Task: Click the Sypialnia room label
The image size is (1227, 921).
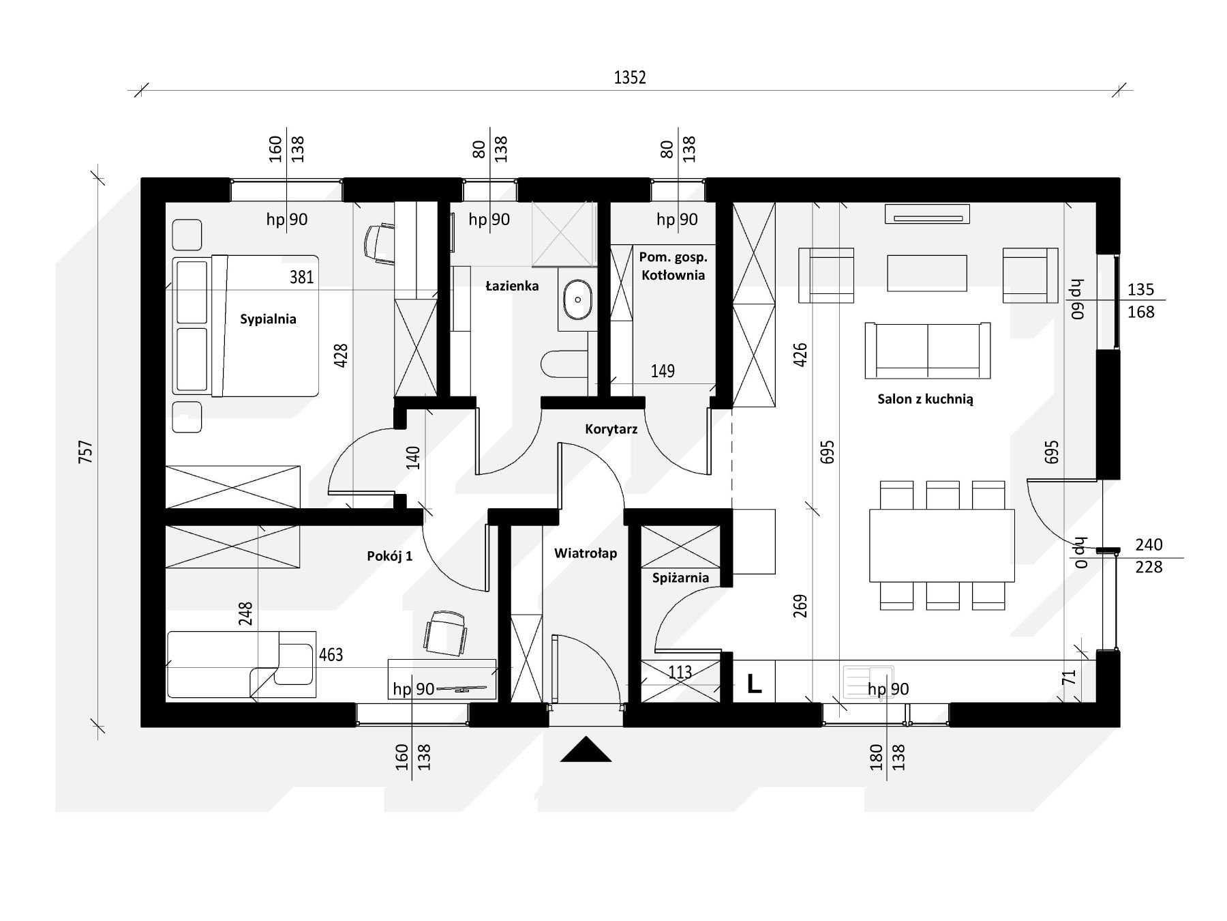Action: coord(268,319)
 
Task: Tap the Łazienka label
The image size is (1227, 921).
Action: coord(512,286)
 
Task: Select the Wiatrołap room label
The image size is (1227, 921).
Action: coord(586,553)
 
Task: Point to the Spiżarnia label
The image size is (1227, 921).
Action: coord(680,578)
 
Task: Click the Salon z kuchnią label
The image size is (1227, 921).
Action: coord(925,399)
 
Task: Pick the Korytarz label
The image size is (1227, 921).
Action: coord(611,429)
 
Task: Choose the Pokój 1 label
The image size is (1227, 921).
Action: coord(389,556)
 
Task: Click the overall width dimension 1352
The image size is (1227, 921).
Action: coord(630,77)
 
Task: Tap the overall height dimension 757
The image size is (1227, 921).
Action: coord(85,452)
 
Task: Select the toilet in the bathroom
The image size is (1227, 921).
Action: coord(564,364)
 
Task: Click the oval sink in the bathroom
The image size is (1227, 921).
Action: coord(579,299)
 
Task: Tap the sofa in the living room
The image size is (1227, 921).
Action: coord(927,350)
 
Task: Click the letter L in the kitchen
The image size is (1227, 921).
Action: coord(754,684)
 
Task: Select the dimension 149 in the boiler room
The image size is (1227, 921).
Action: coord(663,371)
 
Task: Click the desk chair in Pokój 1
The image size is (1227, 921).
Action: coord(446,632)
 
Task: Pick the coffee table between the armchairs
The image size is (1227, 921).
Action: coord(926,274)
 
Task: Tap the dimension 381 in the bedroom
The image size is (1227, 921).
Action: coord(301,277)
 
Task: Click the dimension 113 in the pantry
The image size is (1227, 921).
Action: coord(680,672)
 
